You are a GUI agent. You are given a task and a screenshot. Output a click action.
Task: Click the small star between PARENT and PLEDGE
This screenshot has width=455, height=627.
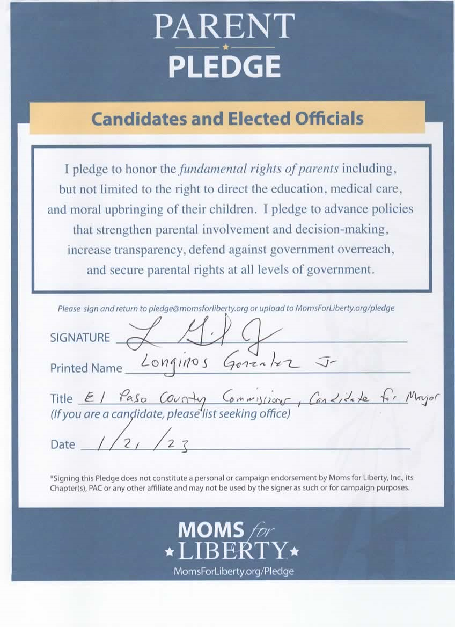pos(225,47)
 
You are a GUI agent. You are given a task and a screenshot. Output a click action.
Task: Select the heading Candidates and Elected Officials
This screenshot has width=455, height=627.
pos(227,118)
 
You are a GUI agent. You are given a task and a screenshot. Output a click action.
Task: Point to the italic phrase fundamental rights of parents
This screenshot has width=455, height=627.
pos(259,169)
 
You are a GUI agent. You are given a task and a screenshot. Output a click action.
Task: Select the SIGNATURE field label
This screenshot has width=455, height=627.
pos(79,338)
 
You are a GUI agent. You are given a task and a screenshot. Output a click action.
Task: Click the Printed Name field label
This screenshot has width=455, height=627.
pos(86,368)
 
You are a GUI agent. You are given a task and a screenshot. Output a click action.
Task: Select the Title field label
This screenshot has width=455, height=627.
pos(61,399)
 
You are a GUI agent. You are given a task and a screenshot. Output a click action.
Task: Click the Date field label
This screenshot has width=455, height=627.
pos(62,444)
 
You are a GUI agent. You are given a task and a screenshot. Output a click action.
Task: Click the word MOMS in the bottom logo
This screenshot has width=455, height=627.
pos(211,530)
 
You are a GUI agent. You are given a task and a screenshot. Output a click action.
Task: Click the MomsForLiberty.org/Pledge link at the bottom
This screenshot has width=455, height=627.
pos(234,571)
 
